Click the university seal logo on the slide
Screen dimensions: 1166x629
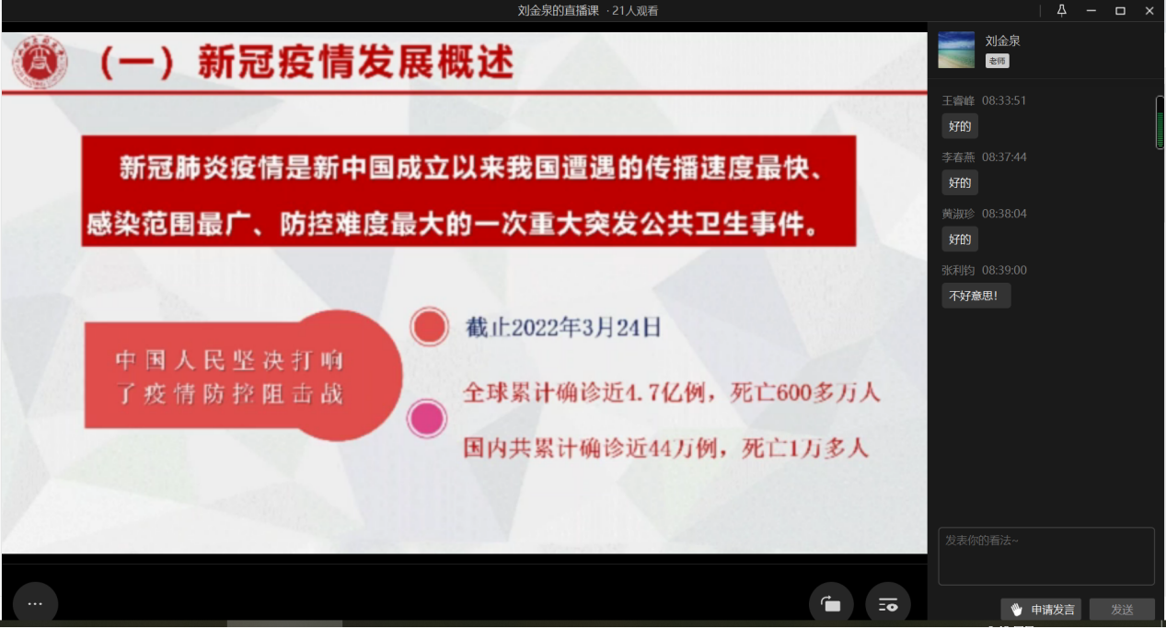pyautogui.click(x=40, y=62)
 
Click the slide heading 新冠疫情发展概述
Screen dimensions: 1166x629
pyautogui.click(x=356, y=62)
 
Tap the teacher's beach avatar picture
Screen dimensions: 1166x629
pyautogui.click(x=956, y=50)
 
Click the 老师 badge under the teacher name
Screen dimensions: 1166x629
pyautogui.click(x=997, y=61)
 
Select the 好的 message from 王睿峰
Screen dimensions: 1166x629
pyautogui.click(x=960, y=126)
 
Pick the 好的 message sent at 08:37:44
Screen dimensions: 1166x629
pyautogui.click(x=960, y=182)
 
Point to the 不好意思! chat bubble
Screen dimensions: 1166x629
pyautogui.click(x=976, y=296)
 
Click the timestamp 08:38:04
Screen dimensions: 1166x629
pyautogui.click(x=1004, y=214)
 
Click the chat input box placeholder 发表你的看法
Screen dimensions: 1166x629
pyautogui.click(x=982, y=541)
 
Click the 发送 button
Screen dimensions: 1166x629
pyautogui.click(x=1122, y=610)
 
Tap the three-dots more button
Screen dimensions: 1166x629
pyautogui.click(x=35, y=603)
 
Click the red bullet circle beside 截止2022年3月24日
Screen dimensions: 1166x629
pyautogui.click(x=429, y=327)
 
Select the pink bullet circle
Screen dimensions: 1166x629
pyautogui.click(x=427, y=419)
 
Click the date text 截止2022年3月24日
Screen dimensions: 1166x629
pyautogui.click(x=563, y=328)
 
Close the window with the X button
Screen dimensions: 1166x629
pyautogui.click(x=1149, y=11)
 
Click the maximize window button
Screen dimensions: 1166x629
pyautogui.click(x=1120, y=11)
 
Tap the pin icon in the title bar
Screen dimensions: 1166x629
pyautogui.click(x=1062, y=10)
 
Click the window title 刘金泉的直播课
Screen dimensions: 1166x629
pyautogui.click(x=558, y=11)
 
